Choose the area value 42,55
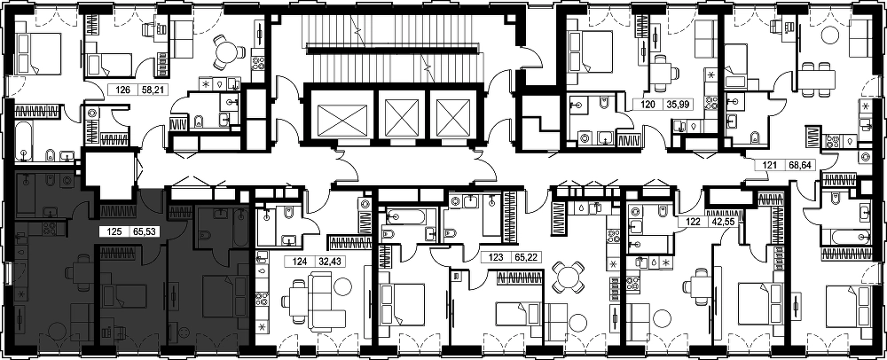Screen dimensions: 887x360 (719, 222)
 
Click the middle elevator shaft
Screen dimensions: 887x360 (402, 118)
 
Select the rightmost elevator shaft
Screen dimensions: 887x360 (453, 118)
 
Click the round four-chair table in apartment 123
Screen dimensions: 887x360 (566, 277)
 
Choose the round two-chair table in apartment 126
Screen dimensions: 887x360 (226, 52)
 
